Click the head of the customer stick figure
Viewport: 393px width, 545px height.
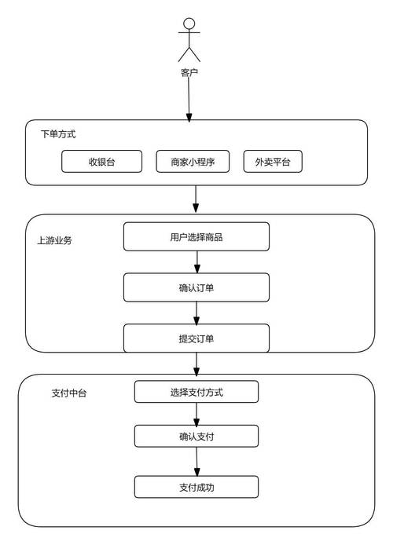[189, 23]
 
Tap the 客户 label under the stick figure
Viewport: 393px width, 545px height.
[189, 73]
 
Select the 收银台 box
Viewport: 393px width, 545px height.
[102, 161]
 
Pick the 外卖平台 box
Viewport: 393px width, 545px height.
[272, 161]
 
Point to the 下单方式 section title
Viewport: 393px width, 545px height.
[58, 134]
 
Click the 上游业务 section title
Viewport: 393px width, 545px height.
[54, 241]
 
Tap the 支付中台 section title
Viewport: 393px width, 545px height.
[69, 393]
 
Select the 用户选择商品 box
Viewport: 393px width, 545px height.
[196, 236]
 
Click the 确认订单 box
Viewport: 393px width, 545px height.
[196, 287]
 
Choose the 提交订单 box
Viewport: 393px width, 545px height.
[196, 338]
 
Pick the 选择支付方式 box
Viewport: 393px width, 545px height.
[196, 392]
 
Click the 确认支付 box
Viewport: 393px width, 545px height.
[196, 436]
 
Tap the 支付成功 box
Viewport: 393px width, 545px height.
[196, 487]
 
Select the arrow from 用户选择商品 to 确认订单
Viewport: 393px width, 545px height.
[196, 262]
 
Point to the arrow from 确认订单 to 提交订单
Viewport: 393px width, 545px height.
[196, 313]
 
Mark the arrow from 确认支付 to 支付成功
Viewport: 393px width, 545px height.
[196, 461]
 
